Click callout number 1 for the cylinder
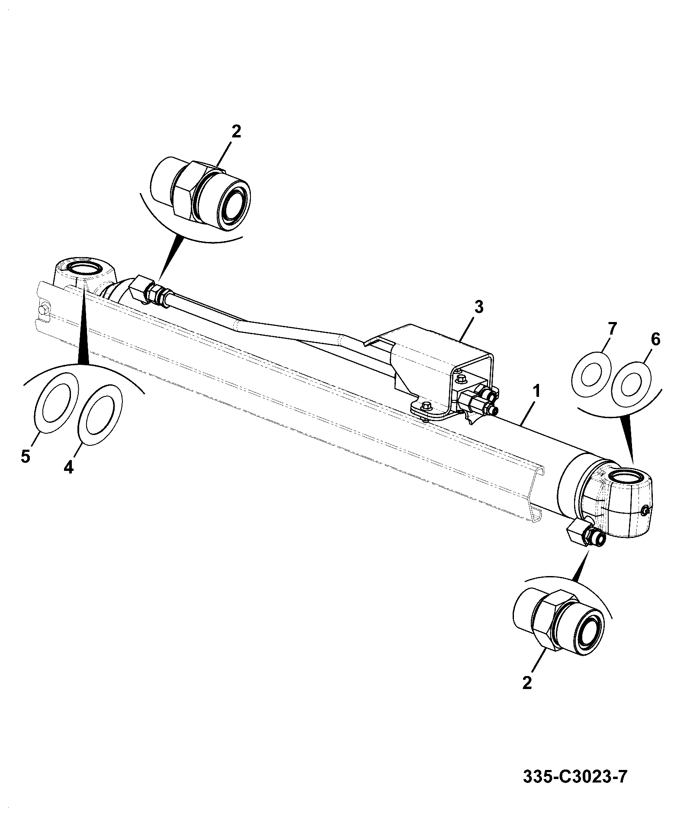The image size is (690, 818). coord(536,392)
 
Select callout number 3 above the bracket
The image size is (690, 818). coord(478,308)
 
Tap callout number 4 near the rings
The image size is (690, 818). coord(69,467)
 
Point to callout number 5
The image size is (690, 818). coord(26,456)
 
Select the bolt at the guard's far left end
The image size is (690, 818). coord(44,309)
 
